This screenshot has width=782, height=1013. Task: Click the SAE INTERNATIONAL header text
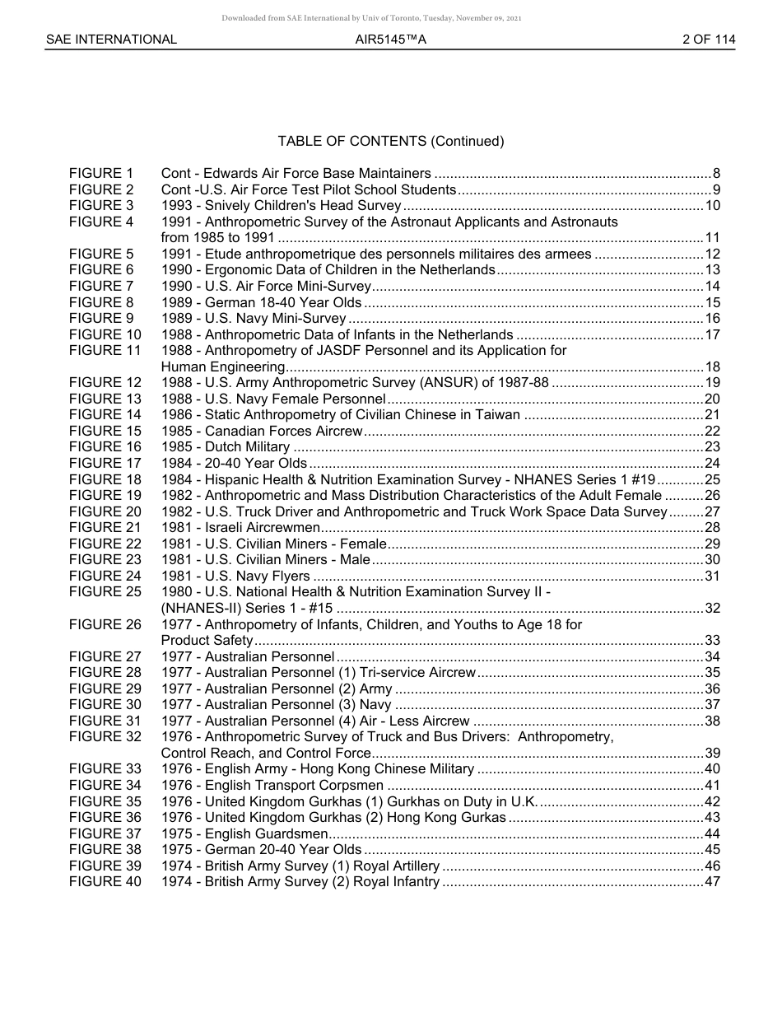point(111,40)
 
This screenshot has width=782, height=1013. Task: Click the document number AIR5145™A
point(391,40)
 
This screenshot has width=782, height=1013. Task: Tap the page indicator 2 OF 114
point(709,40)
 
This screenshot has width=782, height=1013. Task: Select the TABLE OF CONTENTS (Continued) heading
point(391,141)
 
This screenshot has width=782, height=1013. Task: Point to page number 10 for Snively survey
point(713,206)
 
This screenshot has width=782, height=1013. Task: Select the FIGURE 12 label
point(105,383)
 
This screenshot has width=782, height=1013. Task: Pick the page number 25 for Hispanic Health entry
point(713,479)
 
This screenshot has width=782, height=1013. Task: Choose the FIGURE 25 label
point(105,592)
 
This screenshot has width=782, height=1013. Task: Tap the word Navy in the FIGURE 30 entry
point(375,705)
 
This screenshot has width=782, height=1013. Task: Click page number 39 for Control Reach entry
point(713,754)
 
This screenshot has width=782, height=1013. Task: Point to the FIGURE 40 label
point(105,882)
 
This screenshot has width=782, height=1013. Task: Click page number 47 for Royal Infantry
point(713,882)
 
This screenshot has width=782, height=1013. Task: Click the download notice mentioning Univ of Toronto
point(371,17)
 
